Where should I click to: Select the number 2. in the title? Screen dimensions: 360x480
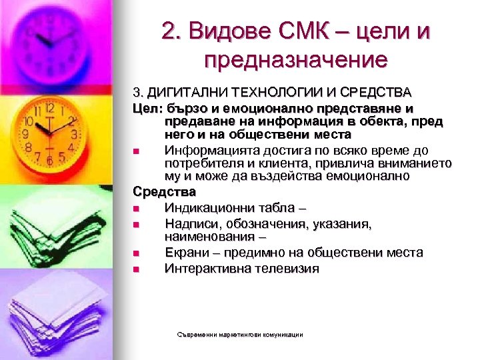[171, 31]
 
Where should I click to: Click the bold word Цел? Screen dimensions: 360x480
[145, 108]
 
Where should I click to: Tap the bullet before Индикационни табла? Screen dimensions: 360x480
[136, 209]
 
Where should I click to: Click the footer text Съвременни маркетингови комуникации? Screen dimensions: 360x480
[241, 335]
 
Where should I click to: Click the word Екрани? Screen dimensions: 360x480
[184, 253]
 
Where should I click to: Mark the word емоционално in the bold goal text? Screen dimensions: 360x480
[274, 108]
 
